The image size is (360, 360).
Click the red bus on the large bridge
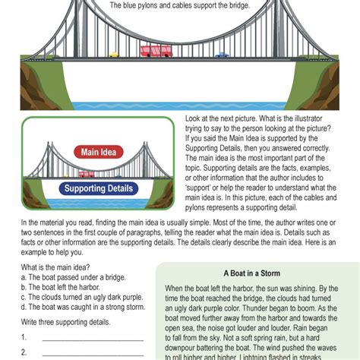(x=156, y=51)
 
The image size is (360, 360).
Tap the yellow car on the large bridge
(x=115, y=55)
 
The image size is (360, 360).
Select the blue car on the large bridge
(x=222, y=55)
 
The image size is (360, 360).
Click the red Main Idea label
(x=99, y=152)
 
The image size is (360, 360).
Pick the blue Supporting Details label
(x=99, y=188)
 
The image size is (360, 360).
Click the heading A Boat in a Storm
(x=252, y=273)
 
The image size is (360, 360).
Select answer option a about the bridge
(x=74, y=277)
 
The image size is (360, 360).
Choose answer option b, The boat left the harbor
(x=61, y=287)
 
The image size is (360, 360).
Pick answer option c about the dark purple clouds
(x=82, y=297)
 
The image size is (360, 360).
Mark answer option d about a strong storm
(x=83, y=307)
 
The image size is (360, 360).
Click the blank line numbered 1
(x=93, y=341)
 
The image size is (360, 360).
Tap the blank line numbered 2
(x=93, y=355)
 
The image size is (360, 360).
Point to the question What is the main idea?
(x=55, y=267)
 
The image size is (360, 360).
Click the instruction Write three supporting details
(x=66, y=322)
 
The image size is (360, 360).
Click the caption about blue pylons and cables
(x=180, y=5)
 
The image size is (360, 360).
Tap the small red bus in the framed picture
(x=87, y=174)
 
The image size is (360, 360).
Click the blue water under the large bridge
(x=179, y=106)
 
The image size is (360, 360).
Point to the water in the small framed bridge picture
(x=98, y=204)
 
